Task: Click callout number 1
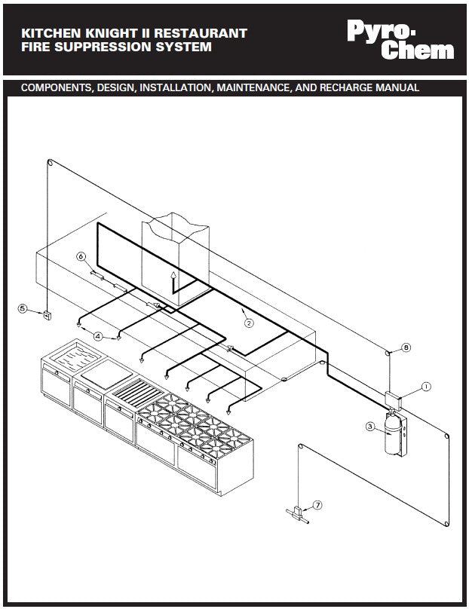[x=426, y=386]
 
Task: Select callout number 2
[x=249, y=322]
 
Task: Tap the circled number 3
[x=370, y=427]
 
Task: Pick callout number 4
[x=98, y=335]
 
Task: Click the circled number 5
[x=23, y=308]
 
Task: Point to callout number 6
[x=81, y=256]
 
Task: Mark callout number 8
[x=406, y=347]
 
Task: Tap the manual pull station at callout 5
[x=47, y=315]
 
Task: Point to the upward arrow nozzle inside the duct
[x=173, y=277]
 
